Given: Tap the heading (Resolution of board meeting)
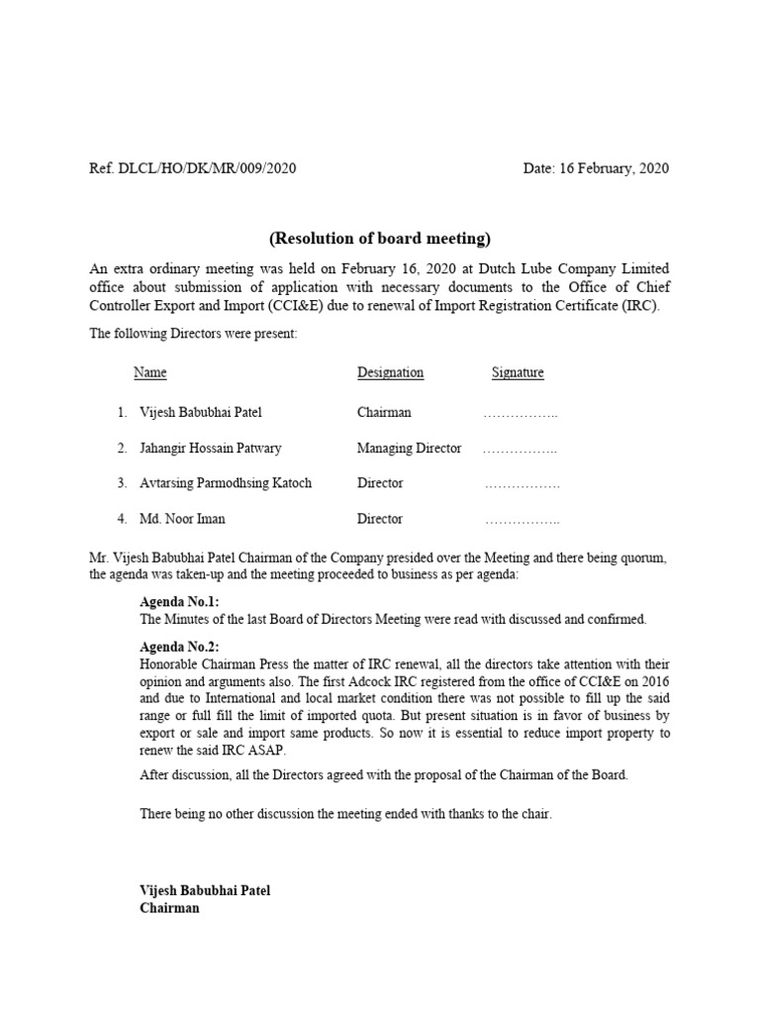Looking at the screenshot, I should pos(380,239).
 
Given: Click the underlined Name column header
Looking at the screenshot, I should pos(149,373).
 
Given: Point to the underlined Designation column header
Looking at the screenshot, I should pos(390,373).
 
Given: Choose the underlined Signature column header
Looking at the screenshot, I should pos(518,373).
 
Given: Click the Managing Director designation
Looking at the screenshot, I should pos(409,449).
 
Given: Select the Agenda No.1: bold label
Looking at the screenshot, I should pos(179,602).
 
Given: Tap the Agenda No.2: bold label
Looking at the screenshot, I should pos(179,647).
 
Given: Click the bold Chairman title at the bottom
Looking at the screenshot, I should pos(169,908).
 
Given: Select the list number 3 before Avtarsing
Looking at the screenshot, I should pos(121,484).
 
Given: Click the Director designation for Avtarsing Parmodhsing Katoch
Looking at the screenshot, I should pos(380,484).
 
